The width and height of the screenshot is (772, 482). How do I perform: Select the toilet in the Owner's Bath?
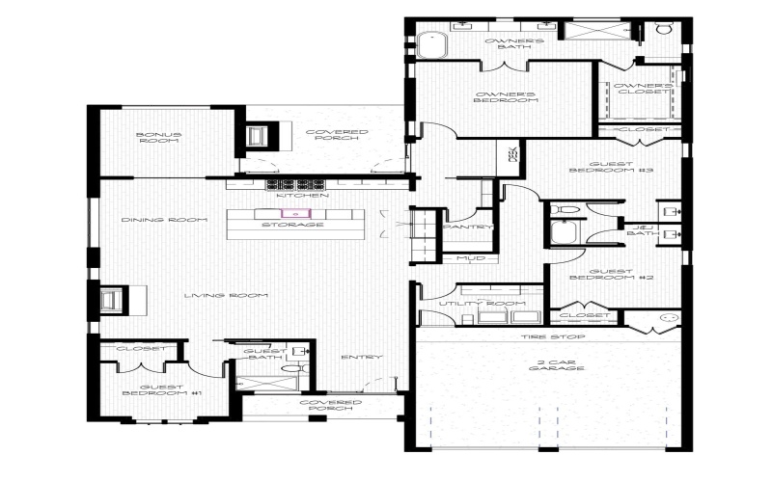pos(664,29)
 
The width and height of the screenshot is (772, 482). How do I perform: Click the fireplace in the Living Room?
pos(111,300)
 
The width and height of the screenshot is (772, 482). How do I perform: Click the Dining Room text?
pos(165,220)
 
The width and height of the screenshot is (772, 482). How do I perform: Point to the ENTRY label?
pos(362,358)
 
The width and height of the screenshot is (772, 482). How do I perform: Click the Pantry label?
pos(468,228)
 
